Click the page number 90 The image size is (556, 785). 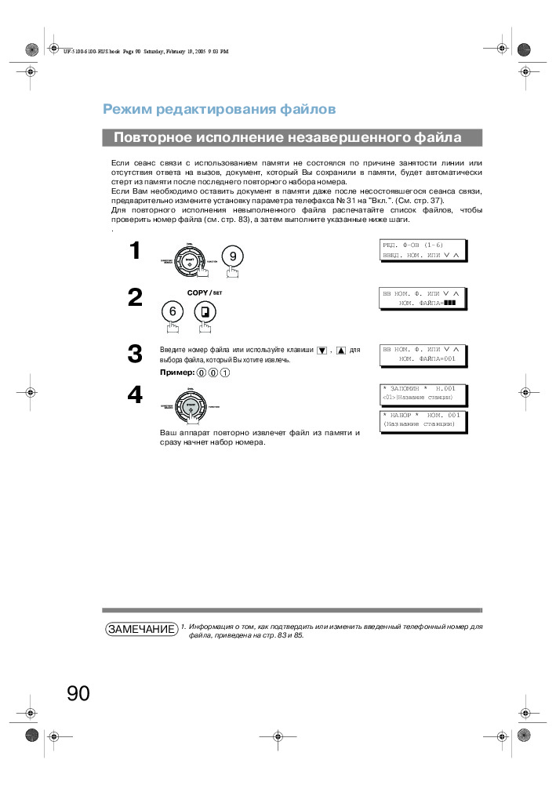point(78,693)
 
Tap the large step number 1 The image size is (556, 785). point(135,251)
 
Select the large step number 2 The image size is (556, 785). point(135,298)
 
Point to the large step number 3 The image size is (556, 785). point(135,354)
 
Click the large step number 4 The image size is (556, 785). point(135,396)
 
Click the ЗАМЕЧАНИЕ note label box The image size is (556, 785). point(141,630)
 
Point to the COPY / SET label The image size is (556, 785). point(205,293)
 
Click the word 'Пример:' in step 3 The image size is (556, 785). point(177,373)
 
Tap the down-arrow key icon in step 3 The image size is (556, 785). point(322,350)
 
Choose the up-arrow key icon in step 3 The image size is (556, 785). point(341,350)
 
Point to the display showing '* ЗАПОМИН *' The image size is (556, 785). point(422,392)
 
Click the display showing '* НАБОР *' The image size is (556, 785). point(422,420)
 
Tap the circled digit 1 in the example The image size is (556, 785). point(225,373)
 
